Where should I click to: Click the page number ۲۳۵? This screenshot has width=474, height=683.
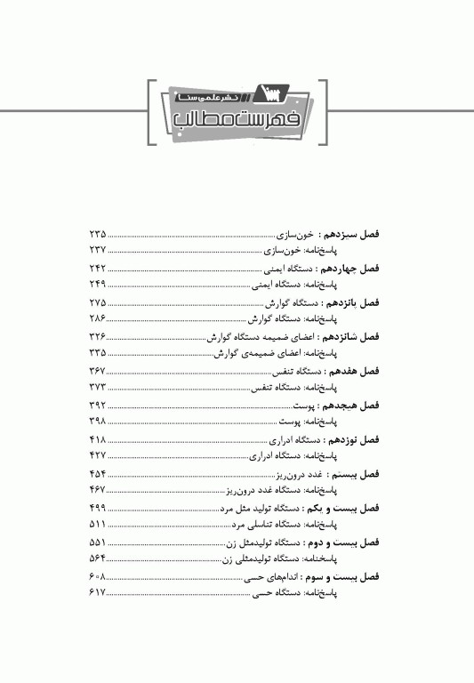point(98,234)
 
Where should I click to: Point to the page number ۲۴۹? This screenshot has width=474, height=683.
point(98,284)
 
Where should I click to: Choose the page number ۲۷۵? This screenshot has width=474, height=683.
point(98,302)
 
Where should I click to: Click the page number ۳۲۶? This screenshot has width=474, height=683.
point(98,337)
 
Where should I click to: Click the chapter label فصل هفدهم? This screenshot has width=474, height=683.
point(353,371)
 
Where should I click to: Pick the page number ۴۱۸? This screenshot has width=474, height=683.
point(98,439)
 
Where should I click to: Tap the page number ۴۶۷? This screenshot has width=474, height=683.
point(98,490)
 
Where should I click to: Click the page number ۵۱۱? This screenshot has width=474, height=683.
point(98,525)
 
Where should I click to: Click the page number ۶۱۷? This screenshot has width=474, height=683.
point(98,592)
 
